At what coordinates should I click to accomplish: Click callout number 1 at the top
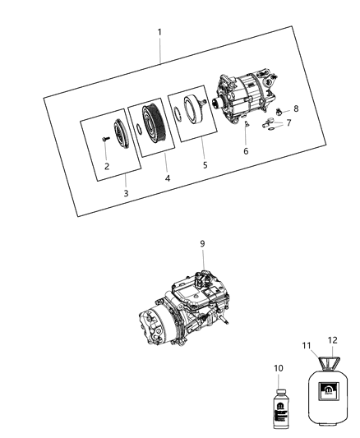click(x=159, y=32)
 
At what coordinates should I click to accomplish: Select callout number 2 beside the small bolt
click(x=107, y=166)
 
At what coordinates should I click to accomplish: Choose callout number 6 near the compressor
click(x=246, y=151)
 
